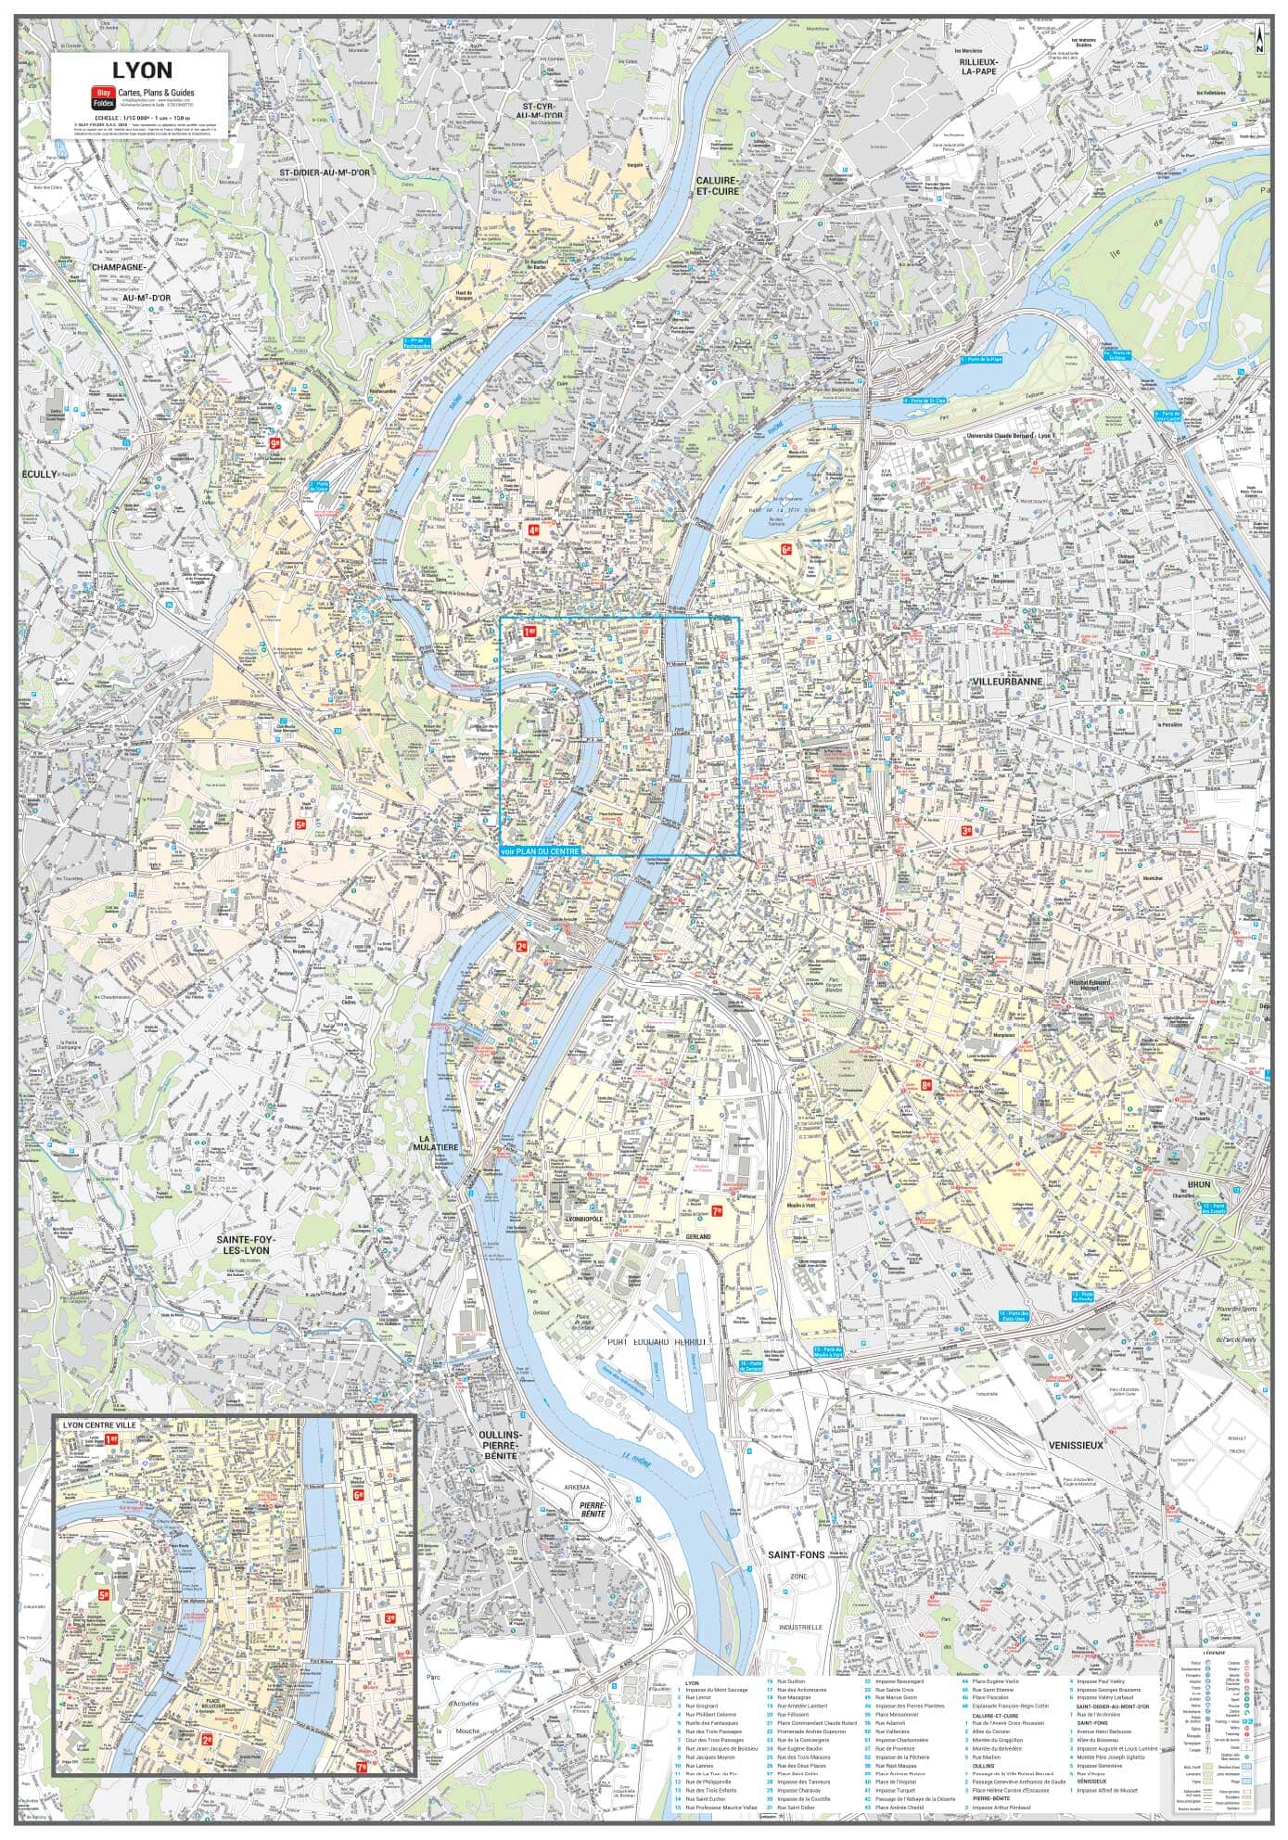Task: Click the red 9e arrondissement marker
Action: tap(274, 443)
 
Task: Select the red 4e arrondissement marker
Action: tap(533, 531)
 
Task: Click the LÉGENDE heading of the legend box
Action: tap(1214, 1652)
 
